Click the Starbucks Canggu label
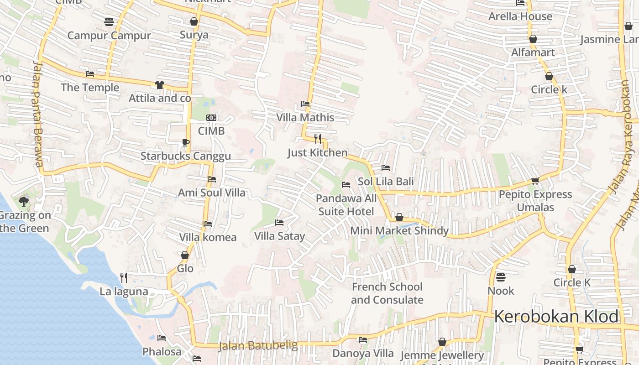[x=185, y=156]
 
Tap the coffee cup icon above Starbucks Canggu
[x=185, y=142]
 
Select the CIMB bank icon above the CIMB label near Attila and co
[x=211, y=118]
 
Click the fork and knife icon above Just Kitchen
[x=318, y=139]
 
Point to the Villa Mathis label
[x=305, y=118]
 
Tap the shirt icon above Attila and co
[x=159, y=84]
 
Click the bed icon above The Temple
[x=90, y=74]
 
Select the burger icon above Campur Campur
[x=109, y=21]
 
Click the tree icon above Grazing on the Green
[x=24, y=201]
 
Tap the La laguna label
[x=124, y=292]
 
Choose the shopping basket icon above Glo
[x=185, y=255]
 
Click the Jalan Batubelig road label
[x=258, y=346]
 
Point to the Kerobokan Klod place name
[x=556, y=317]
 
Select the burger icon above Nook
[x=501, y=277]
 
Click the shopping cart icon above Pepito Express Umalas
[x=535, y=181]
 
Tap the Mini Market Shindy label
[x=399, y=231]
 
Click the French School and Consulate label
[x=387, y=293]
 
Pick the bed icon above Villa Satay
[x=279, y=223]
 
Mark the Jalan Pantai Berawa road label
[x=37, y=114]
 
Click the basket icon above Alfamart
[x=533, y=39]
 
